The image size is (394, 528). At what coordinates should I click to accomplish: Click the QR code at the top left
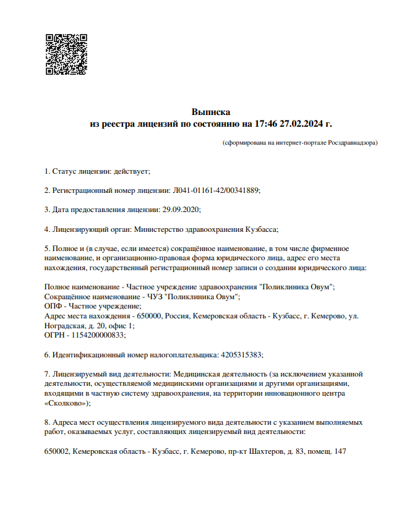point(66,54)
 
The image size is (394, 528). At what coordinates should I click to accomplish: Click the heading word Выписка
point(211,113)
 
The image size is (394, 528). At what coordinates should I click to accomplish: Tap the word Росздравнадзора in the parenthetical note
point(352,143)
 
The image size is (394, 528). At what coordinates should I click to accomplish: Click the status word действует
point(131,171)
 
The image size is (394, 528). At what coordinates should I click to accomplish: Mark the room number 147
point(339,451)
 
